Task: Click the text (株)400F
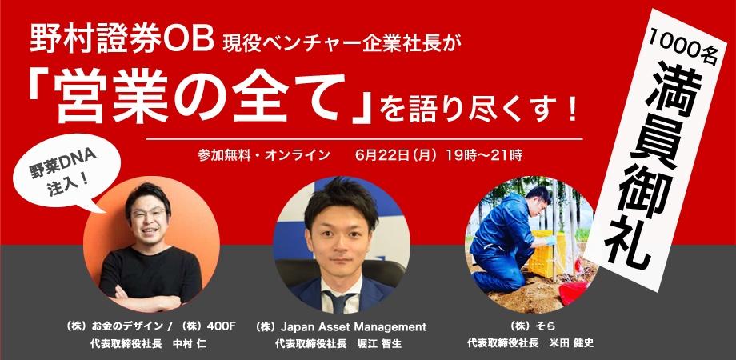(x=210, y=327)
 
